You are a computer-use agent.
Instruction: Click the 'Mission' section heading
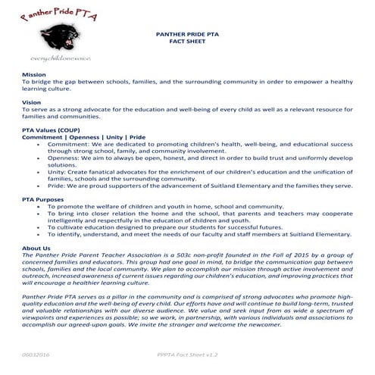coord(34,75)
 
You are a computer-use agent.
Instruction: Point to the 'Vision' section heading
coord(32,102)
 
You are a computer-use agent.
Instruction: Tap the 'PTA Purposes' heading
coord(42,198)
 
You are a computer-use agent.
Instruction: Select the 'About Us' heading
coord(37,248)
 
